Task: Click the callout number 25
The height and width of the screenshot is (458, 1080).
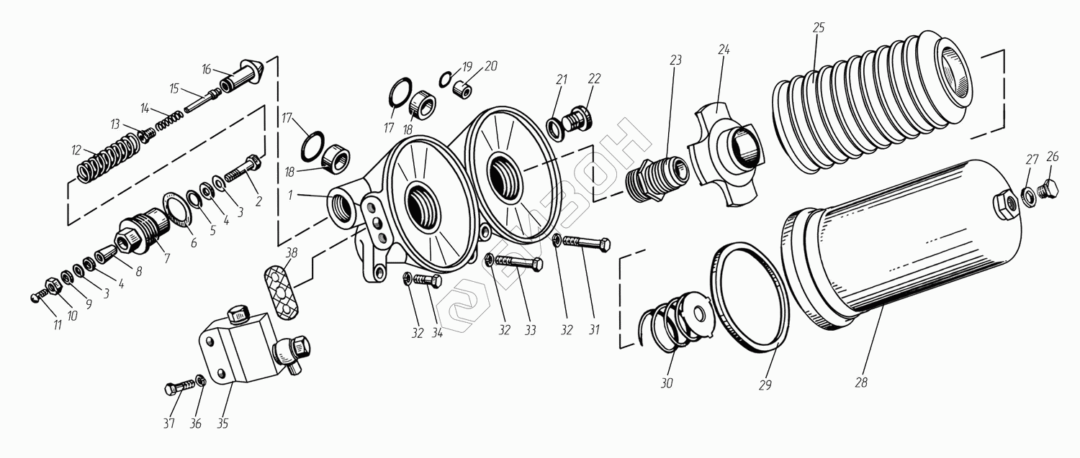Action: click(x=819, y=27)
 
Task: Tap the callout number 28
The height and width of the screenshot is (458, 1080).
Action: click(x=861, y=383)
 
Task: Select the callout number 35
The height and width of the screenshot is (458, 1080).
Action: click(x=222, y=423)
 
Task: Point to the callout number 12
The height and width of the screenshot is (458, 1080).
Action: click(x=76, y=150)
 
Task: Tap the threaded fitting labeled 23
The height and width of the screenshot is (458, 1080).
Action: click(x=657, y=178)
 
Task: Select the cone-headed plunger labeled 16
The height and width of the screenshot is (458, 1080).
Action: click(x=241, y=76)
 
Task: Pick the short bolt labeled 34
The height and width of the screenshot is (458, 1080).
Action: click(x=428, y=280)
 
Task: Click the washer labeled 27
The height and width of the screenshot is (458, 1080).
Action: click(x=1027, y=197)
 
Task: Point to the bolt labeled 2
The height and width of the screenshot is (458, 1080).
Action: click(x=243, y=168)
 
